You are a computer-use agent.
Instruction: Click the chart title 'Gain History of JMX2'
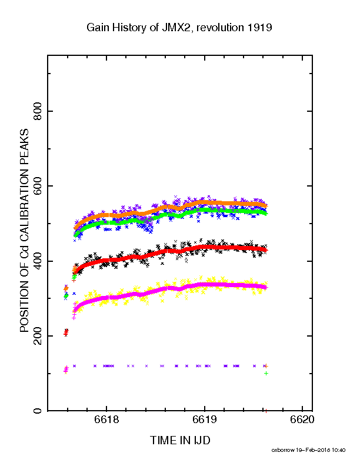click(137, 28)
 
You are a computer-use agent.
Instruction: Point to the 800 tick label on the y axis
click(38, 111)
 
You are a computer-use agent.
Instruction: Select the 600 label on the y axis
click(38, 186)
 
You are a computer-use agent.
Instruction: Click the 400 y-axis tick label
click(38, 261)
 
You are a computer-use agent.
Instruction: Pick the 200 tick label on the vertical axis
click(38, 336)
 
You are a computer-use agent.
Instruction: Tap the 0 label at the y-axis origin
click(38, 411)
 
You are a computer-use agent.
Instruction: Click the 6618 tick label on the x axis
click(106, 420)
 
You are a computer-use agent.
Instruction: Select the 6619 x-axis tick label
click(205, 420)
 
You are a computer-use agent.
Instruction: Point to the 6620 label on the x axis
click(302, 420)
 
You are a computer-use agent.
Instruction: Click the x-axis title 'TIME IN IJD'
click(180, 440)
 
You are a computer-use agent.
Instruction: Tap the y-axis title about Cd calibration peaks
click(24, 230)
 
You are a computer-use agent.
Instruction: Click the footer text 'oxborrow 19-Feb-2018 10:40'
click(308, 450)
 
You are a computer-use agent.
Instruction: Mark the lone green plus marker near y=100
click(266, 373)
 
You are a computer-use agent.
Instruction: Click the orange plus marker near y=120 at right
click(266, 366)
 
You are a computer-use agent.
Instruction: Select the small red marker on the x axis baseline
click(266, 411)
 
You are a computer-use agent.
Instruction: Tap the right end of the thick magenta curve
click(266, 288)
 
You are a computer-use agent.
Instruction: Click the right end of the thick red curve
click(266, 250)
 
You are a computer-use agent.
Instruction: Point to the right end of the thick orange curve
click(266, 206)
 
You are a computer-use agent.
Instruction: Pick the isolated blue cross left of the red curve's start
click(74, 294)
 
